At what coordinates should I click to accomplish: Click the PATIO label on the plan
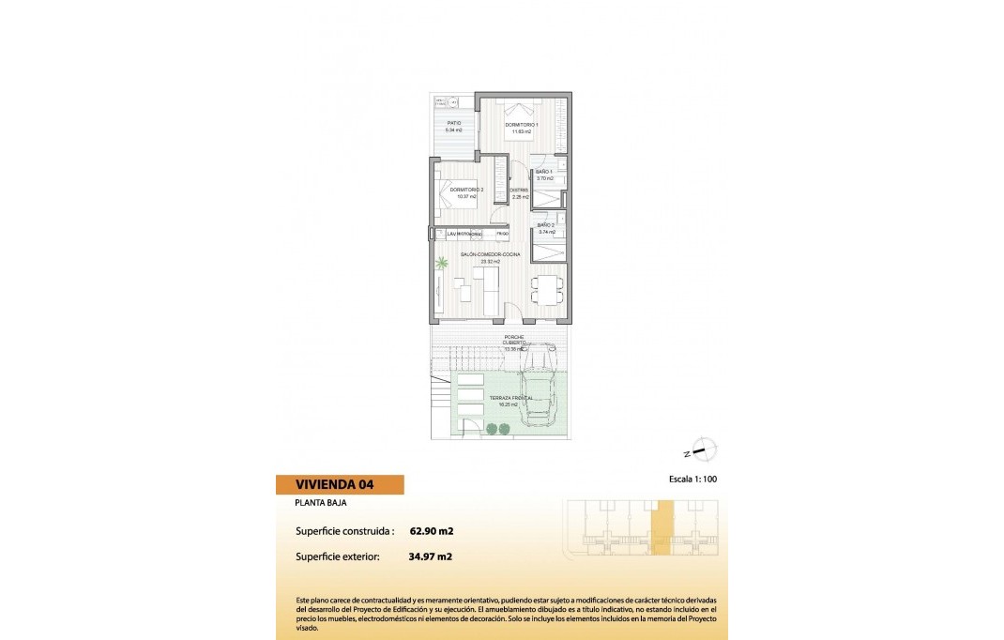click(x=454, y=123)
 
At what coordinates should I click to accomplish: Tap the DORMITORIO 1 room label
click(x=521, y=125)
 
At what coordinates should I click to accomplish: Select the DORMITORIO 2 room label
click(x=466, y=190)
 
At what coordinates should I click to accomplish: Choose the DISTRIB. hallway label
click(x=519, y=190)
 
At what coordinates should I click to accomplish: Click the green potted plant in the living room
click(x=442, y=266)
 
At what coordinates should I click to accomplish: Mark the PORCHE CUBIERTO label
click(x=513, y=340)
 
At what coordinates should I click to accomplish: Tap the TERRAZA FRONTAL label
click(x=510, y=399)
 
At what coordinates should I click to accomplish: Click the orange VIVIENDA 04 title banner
click(x=340, y=485)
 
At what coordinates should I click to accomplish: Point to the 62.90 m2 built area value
click(x=432, y=531)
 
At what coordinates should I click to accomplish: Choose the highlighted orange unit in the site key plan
click(x=662, y=528)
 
